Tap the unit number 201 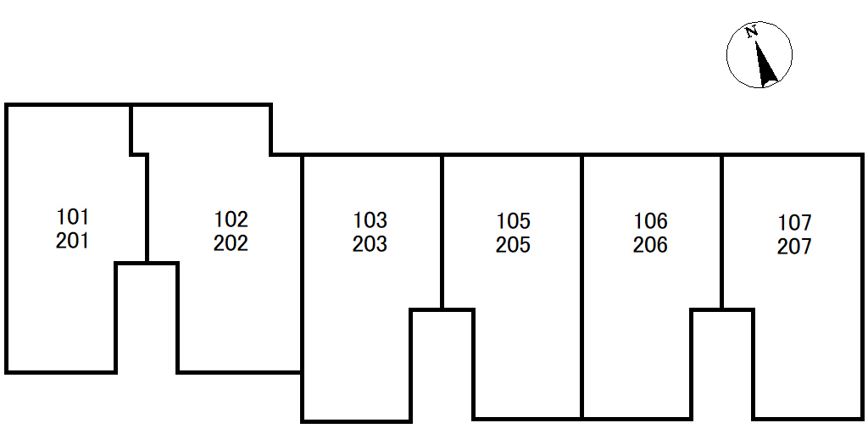click(73, 241)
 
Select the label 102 click(231, 220)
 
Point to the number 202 click(231, 243)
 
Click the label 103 click(370, 220)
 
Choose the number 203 click(370, 244)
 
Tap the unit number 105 click(514, 221)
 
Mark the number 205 click(514, 245)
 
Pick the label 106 click(651, 221)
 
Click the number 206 click(651, 245)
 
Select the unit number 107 click(795, 223)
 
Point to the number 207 click(795, 247)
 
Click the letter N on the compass click(751, 33)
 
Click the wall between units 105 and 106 click(582, 288)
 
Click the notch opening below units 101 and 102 click(147, 322)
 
